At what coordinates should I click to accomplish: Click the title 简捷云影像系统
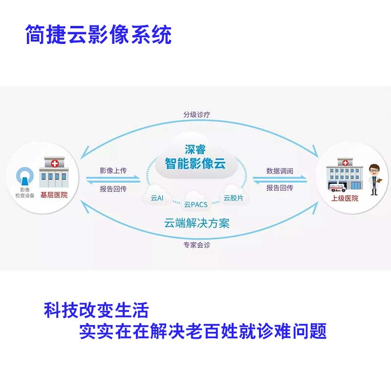[x=98, y=35]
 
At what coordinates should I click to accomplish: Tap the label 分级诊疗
[x=196, y=115]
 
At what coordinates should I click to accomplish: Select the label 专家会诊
[x=196, y=244]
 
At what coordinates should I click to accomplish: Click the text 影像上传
[x=113, y=171]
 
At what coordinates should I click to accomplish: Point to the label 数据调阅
[x=280, y=171]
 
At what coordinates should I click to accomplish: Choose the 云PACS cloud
[x=196, y=202]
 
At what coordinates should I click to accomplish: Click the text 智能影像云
[x=196, y=164]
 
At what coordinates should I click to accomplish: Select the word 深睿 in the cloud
[x=196, y=149]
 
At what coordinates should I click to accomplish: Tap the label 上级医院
[x=345, y=198]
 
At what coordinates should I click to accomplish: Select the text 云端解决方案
[x=196, y=224]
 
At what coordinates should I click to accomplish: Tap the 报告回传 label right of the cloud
[x=280, y=188]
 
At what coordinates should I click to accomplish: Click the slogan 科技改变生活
[x=96, y=310]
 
